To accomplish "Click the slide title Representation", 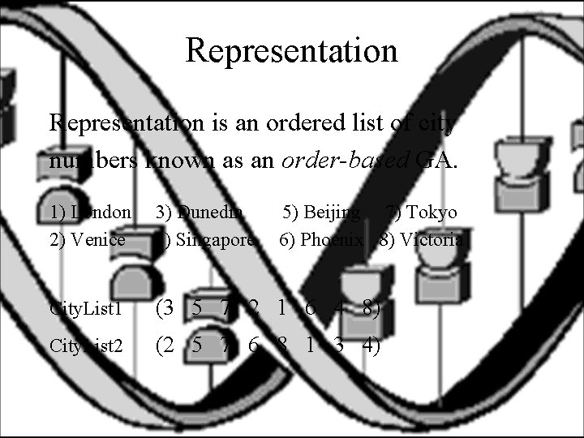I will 292,50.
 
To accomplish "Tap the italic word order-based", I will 341,160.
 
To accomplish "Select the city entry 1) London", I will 90,213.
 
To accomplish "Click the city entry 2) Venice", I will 88,240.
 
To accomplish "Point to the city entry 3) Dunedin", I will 200,213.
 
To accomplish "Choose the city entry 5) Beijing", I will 321,213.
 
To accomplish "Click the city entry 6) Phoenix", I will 321,240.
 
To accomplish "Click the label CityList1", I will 86,309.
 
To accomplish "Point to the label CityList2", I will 86,346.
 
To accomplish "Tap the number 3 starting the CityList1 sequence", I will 168,307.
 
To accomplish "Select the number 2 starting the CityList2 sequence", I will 168,345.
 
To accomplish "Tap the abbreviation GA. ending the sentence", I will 438,160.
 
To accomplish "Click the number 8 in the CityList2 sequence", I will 281,345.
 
